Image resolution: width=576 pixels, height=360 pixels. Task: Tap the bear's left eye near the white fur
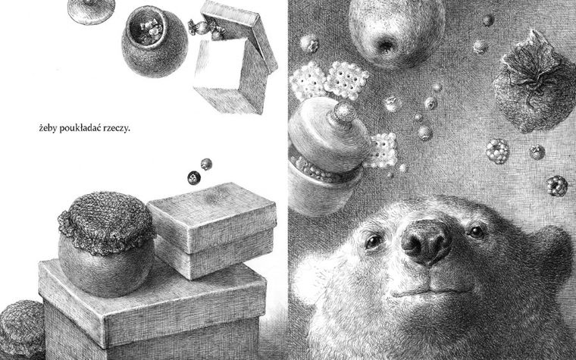tap(374, 242)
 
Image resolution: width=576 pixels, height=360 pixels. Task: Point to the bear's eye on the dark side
tap(477, 232)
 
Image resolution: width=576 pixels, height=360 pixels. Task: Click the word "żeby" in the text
tap(48, 129)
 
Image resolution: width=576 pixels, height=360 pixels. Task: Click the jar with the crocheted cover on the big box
tap(107, 244)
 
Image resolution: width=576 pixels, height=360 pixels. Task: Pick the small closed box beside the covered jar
tap(213, 230)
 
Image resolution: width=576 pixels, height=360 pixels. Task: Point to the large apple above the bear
tap(396, 31)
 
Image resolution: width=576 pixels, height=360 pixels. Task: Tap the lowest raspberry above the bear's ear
tap(557, 186)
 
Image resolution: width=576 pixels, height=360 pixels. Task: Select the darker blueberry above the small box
tap(194, 178)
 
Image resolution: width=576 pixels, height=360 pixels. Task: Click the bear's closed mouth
tap(432, 292)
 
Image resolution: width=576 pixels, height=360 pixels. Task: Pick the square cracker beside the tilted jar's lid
tap(384, 150)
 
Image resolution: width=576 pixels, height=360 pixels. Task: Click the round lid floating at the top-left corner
tap(91, 11)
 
